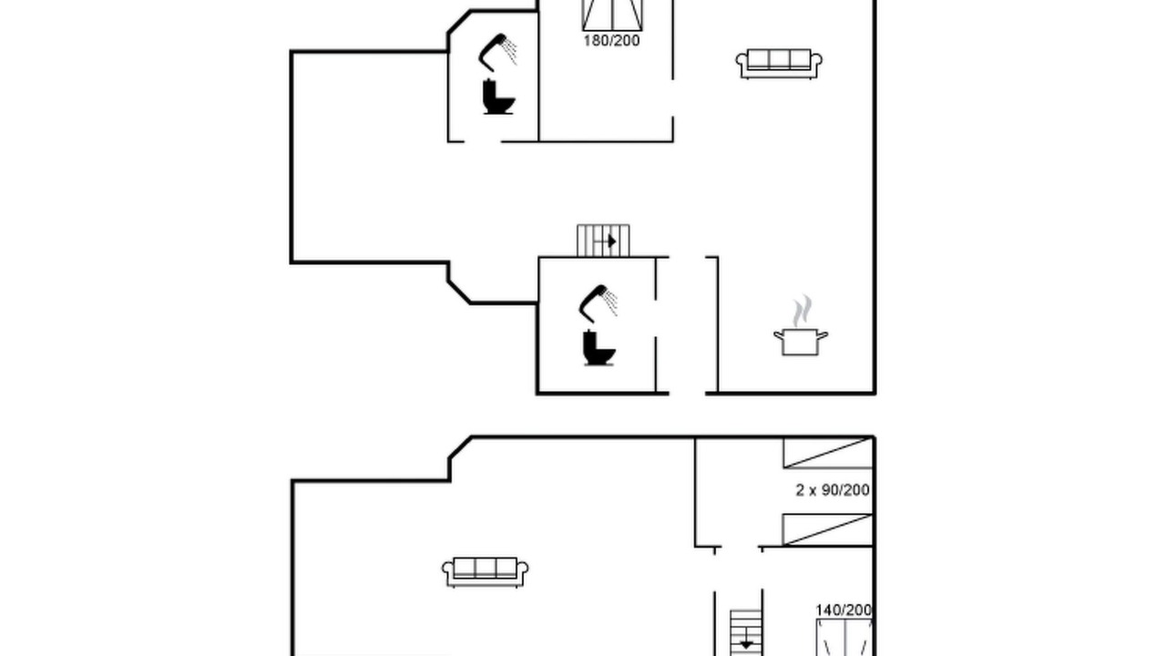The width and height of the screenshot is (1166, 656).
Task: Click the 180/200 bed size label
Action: click(611, 41)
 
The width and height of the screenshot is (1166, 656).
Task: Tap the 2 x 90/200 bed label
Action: click(833, 490)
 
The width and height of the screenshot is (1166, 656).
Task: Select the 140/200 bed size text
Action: click(844, 610)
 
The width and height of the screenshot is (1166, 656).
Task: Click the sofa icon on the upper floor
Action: click(779, 64)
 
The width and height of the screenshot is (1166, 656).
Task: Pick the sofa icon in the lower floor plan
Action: click(486, 572)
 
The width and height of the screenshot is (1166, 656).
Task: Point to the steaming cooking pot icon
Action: click(801, 326)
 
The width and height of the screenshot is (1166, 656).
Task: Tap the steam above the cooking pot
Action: click(803, 311)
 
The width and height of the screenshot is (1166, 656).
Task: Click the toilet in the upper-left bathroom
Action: click(498, 97)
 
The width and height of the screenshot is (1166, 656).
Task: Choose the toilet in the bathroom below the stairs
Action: click(598, 348)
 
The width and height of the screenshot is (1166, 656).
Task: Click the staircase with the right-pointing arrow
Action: click(603, 241)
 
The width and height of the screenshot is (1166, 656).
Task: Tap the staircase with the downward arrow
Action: click(746, 632)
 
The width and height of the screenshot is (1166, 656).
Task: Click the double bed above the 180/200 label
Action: click(612, 15)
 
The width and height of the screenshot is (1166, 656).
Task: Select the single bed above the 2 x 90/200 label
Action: click(828, 453)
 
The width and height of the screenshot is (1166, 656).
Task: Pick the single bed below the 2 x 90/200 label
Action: click(828, 530)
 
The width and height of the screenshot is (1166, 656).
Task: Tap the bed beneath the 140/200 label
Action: click(844, 638)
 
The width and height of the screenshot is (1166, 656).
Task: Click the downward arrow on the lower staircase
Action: click(746, 643)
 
